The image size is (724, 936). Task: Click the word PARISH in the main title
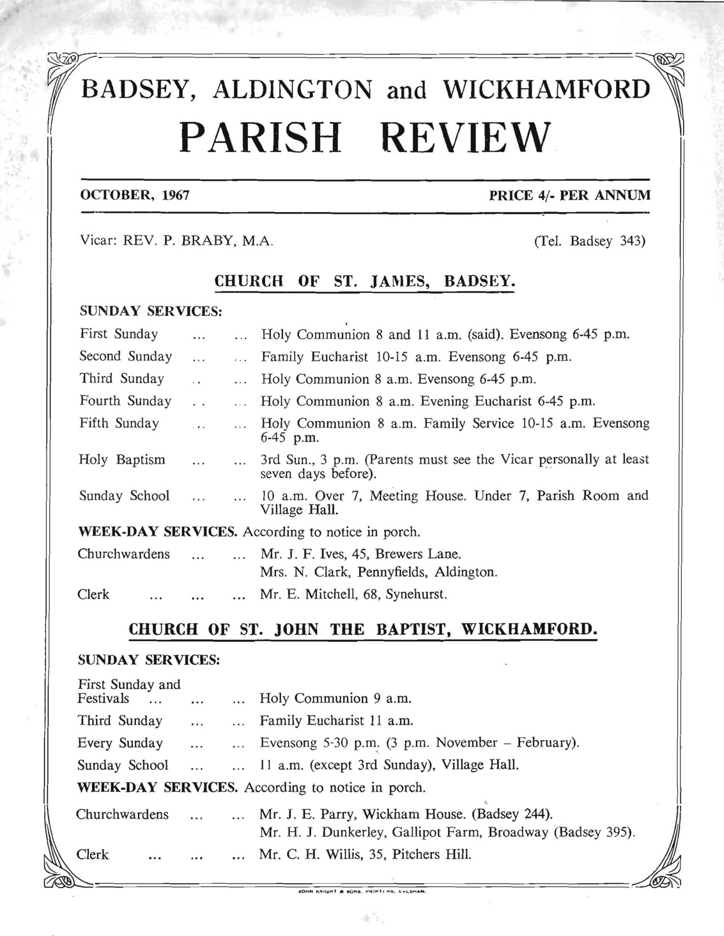pos(261,137)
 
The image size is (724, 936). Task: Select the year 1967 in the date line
pos(176,195)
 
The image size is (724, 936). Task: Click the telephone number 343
pos(633,242)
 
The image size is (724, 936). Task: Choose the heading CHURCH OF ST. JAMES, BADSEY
pos(364,282)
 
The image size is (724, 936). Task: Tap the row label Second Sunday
pos(126,356)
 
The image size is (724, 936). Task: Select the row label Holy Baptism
pos(122,460)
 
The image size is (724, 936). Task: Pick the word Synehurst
pos(416,594)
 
